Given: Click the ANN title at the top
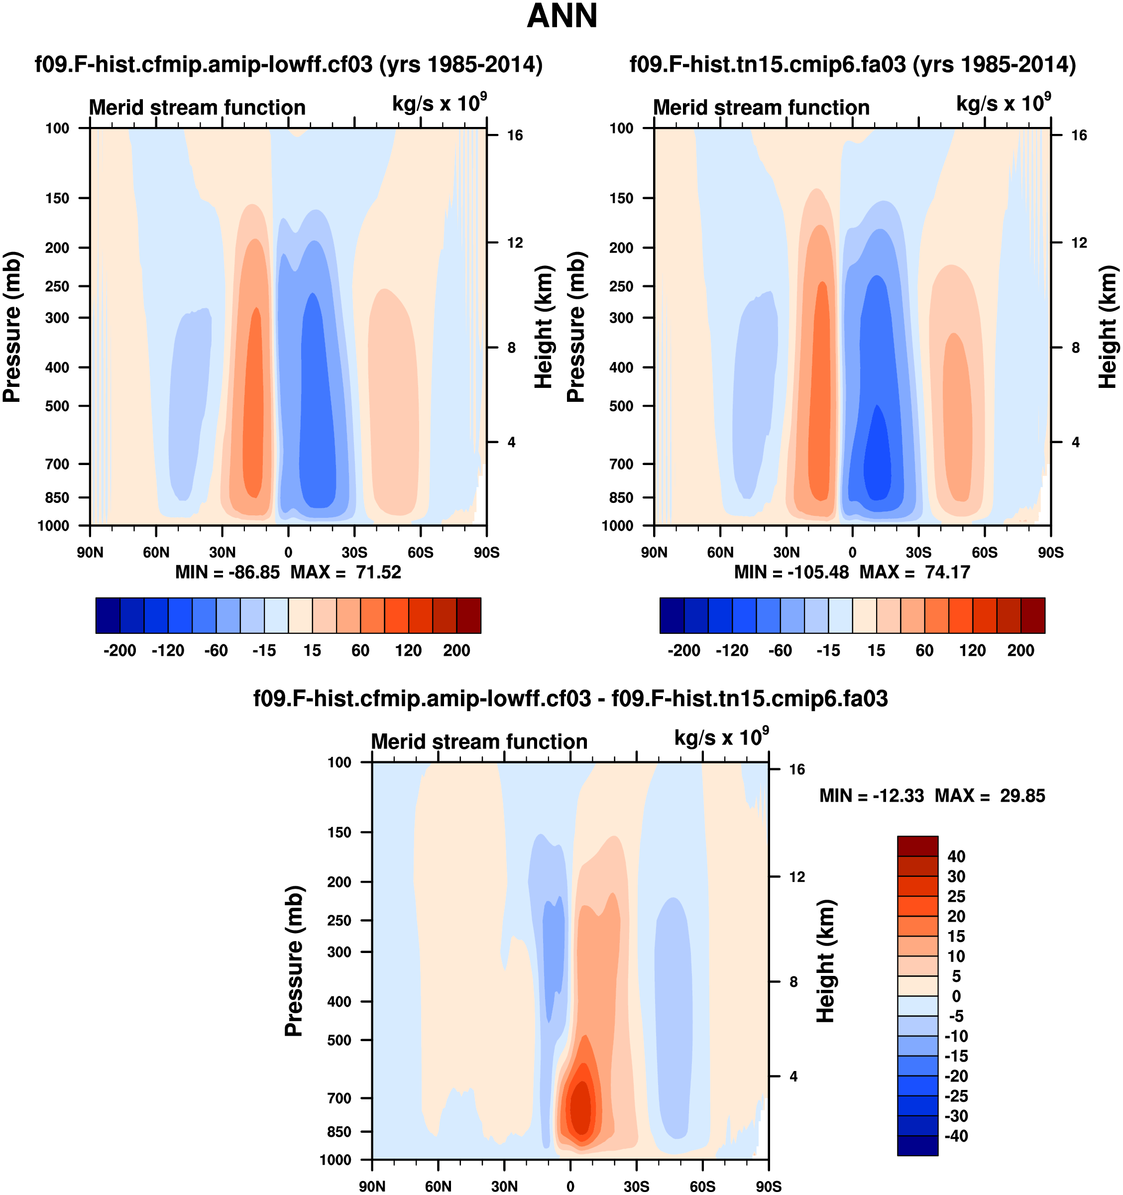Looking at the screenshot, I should click(562, 16).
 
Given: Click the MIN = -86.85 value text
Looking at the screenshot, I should click(227, 572).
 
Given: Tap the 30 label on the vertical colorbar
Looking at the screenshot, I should click(956, 876).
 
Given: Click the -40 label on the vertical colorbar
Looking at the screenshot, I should click(956, 1136).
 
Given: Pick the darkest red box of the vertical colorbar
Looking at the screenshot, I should click(917, 846).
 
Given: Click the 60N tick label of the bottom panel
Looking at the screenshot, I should click(438, 1187).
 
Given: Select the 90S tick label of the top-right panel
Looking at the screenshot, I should click(1050, 552).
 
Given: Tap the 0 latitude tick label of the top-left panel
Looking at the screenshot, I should click(288, 552).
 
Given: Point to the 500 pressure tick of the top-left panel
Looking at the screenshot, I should click(58, 406).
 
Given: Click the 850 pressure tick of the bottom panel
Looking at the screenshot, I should click(339, 1132).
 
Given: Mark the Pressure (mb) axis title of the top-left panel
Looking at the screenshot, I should click(12, 327).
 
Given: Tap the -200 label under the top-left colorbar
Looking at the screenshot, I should click(119, 650).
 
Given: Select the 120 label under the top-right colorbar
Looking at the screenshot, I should click(972, 650).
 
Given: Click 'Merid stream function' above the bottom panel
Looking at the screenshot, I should click(479, 742).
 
